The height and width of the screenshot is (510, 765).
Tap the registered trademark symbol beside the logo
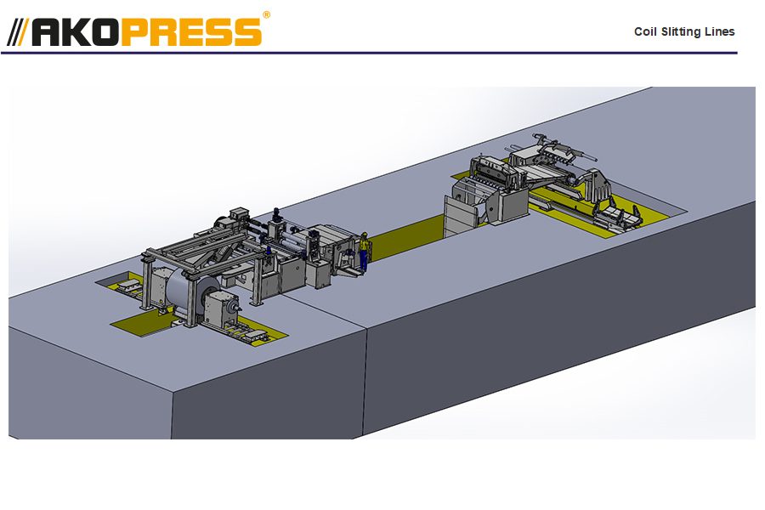pyautogui.click(x=266, y=14)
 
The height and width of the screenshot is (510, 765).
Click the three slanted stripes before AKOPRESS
pyautogui.click(x=18, y=31)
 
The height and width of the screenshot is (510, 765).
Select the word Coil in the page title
pyautogui.click(x=645, y=32)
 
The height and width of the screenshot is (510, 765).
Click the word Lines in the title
pyautogui.click(x=721, y=32)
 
